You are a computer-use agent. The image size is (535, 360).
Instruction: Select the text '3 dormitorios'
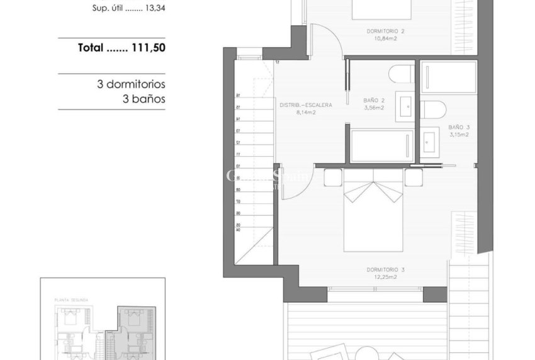pyautogui.click(x=131, y=84)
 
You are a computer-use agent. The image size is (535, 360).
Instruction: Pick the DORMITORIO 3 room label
pyautogui.click(x=385, y=273)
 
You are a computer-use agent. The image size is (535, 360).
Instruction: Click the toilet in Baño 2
pyautogui.click(x=400, y=74)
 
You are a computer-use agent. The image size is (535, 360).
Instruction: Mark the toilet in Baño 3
pyautogui.click(x=434, y=109)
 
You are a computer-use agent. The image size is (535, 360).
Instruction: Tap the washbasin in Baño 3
pyautogui.click(x=431, y=139)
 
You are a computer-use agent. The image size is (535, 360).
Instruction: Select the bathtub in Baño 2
pyautogui.click(x=382, y=146)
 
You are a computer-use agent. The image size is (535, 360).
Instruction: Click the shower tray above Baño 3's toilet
pyautogui.click(x=448, y=77)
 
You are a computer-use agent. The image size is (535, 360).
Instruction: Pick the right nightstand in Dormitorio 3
pyautogui.click(x=414, y=177)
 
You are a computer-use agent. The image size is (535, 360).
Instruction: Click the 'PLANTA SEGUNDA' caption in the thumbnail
pyautogui.click(x=71, y=301)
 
